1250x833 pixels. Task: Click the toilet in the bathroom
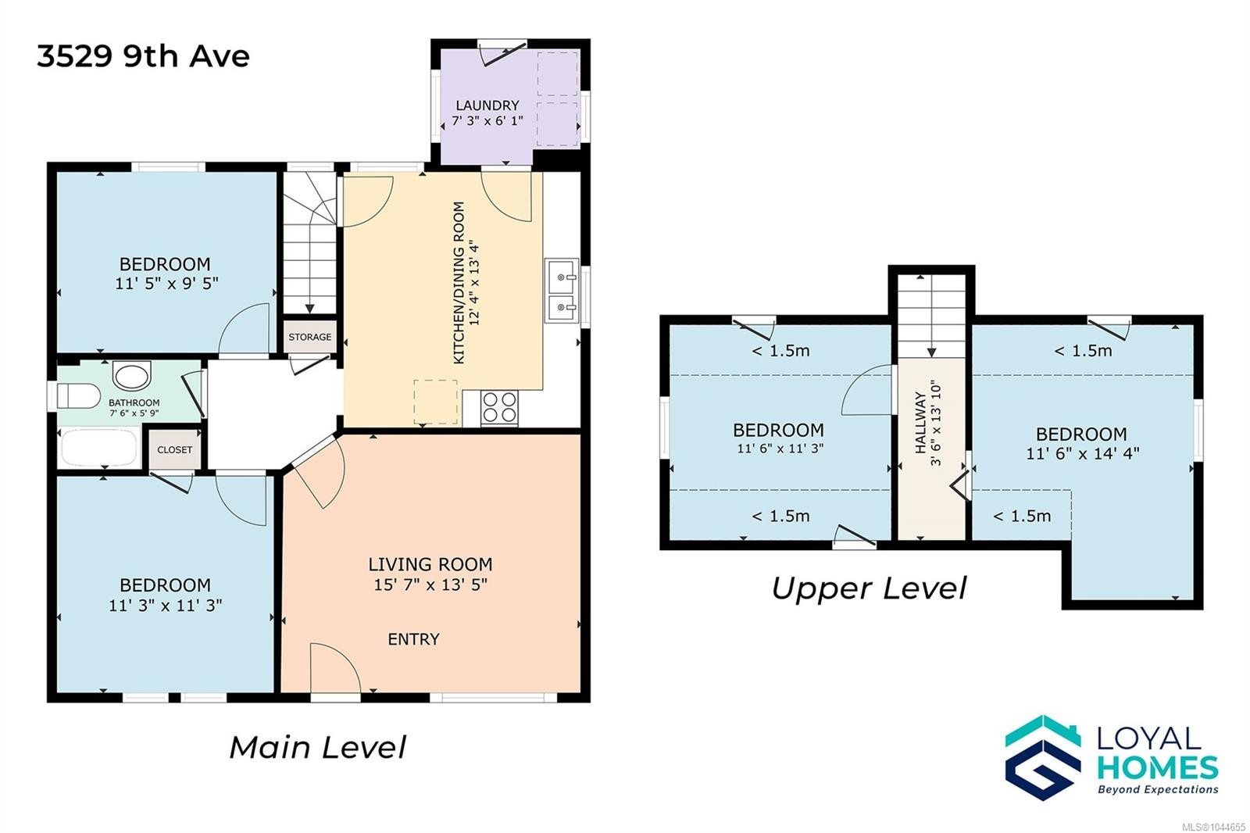coord(78,396)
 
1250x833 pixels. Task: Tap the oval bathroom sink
coord(132,375)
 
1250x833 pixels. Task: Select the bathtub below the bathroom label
coord(98,447)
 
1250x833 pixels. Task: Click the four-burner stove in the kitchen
coord(499,408)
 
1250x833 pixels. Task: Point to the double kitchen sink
coord(562,291)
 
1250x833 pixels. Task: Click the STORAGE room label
coord(309,338)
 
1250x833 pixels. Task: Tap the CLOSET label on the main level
coord(175,450)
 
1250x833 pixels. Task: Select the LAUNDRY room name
coord(487,105)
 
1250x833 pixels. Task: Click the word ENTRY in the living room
coord(413,639)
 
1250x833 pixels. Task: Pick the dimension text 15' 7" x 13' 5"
coord(430,585)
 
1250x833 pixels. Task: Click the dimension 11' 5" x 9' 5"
coord(166,284)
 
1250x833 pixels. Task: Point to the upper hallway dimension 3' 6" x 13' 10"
coord(936,424)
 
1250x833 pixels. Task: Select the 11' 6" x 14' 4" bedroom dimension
coord(1082,453)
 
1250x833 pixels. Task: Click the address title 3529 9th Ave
coord(143,56)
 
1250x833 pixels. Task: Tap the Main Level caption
coord(317,747)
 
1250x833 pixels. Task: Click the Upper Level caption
coord(869,588)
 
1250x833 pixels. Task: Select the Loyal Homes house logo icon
coord(1043,758)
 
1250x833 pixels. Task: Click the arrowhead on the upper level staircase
coord(931,352)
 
